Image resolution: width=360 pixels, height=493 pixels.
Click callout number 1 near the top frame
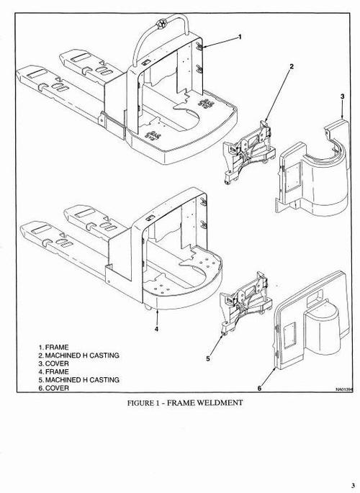[239, 36]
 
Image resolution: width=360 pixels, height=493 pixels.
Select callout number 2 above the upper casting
[292, 67]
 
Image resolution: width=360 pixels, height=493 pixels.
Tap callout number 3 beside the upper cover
[341, 96]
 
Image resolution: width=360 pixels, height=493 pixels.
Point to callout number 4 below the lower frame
[156, 330]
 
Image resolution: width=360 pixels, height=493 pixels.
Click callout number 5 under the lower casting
[209, 358]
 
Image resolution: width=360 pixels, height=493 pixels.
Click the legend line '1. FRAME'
[54, 347]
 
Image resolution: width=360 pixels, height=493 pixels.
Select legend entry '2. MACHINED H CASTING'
[79, 355]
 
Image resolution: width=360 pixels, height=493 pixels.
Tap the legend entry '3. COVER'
[55, 363]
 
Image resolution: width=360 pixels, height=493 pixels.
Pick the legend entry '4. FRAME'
[54, 371]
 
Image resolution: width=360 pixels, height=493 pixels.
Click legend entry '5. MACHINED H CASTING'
[79, 379]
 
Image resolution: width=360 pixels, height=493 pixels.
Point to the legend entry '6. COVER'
[55, 387]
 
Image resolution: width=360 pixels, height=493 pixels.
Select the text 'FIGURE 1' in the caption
[144, 403]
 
